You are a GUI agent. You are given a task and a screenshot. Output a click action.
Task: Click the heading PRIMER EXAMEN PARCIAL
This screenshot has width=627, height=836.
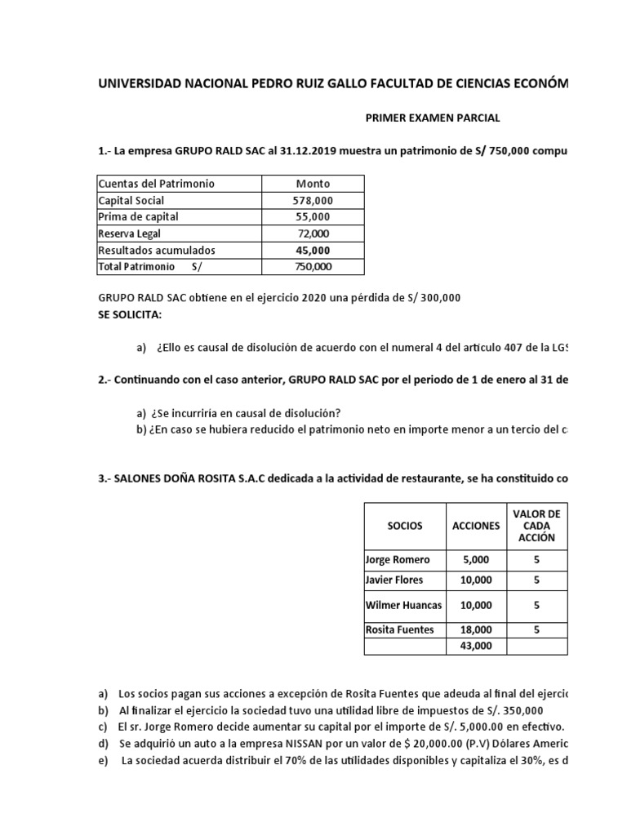432,118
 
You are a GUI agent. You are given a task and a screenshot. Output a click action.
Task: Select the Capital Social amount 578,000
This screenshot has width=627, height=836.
313,200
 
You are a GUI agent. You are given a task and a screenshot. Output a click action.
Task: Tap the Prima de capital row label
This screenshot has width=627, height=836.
138,216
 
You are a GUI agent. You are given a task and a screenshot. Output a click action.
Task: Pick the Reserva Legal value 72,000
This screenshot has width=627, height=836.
313,233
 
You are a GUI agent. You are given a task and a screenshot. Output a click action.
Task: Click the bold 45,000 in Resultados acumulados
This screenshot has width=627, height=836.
313,250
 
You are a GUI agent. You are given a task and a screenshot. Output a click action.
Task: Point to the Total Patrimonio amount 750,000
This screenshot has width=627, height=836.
313,266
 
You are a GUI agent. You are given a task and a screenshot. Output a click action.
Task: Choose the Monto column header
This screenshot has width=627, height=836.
313,184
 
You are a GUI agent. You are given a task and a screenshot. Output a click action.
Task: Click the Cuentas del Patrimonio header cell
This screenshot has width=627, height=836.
156,184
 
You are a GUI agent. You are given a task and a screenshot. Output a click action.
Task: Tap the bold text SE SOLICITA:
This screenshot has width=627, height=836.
130,314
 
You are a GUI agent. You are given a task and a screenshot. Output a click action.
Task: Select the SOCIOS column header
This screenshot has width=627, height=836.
404,526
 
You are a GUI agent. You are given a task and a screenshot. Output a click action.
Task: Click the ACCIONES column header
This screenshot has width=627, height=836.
476,526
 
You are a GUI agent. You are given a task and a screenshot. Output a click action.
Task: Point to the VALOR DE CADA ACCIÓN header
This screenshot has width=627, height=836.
536,525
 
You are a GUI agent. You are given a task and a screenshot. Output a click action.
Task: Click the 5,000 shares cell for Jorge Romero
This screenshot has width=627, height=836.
476,560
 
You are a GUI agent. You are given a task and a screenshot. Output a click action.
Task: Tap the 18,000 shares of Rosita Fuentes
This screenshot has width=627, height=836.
476,629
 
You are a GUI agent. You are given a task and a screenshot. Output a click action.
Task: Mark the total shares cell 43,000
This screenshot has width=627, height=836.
476,646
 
